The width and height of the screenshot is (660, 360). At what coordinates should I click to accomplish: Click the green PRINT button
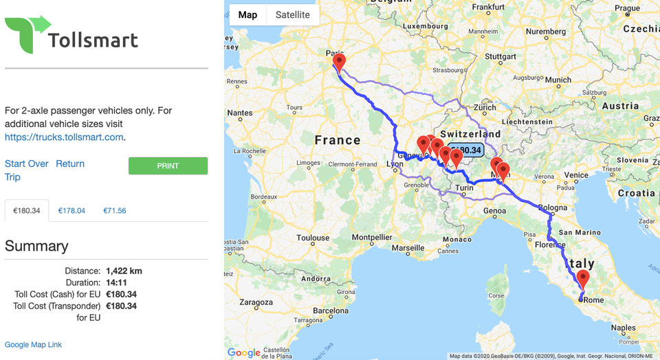(168, 166)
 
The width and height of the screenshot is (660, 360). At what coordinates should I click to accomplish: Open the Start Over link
(27, 164)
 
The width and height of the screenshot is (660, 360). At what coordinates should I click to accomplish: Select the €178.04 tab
(71, 211)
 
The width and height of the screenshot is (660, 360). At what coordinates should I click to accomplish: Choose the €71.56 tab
(114, 211)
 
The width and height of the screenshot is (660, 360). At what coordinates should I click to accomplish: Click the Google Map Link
(33, 344)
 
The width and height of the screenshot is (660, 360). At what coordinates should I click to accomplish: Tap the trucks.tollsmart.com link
(65, 137)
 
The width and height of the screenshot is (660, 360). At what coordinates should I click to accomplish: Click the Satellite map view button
(292, 15)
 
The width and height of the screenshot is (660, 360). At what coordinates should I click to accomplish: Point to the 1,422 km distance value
(124, 271)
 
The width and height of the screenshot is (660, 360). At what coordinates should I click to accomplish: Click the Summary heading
(36, 246)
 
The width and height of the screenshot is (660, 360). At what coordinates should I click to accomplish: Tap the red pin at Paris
(338, 63)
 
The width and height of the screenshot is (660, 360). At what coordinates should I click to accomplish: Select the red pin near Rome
(583, 278)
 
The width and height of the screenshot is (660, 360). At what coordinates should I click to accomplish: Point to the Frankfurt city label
(489, 7)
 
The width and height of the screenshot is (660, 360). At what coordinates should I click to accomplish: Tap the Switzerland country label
(471, 134)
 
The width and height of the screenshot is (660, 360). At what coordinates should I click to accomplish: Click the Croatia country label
(636, 193)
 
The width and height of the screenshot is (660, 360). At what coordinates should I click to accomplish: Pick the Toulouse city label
(313, 238)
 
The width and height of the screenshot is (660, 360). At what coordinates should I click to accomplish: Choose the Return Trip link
(70, 164)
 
